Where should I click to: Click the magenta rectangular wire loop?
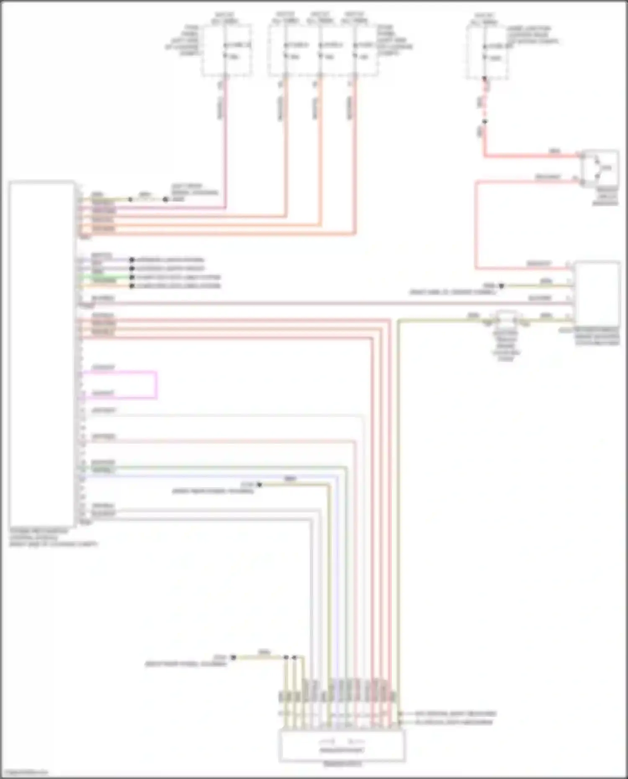click(x=157, y=384)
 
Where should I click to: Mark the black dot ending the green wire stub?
click(x=132, y=277)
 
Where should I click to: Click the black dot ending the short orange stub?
click(x=132, y=286)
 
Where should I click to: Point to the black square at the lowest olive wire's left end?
click(x=233, y=658)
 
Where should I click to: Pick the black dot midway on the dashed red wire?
click(x=484, y=122)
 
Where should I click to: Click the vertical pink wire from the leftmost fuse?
click(x=226, y=142)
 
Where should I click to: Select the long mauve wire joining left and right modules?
click(x=327, y=303)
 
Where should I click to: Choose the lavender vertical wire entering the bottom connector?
click(x=337, y=586)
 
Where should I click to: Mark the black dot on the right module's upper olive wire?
click(x=501, y=286)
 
